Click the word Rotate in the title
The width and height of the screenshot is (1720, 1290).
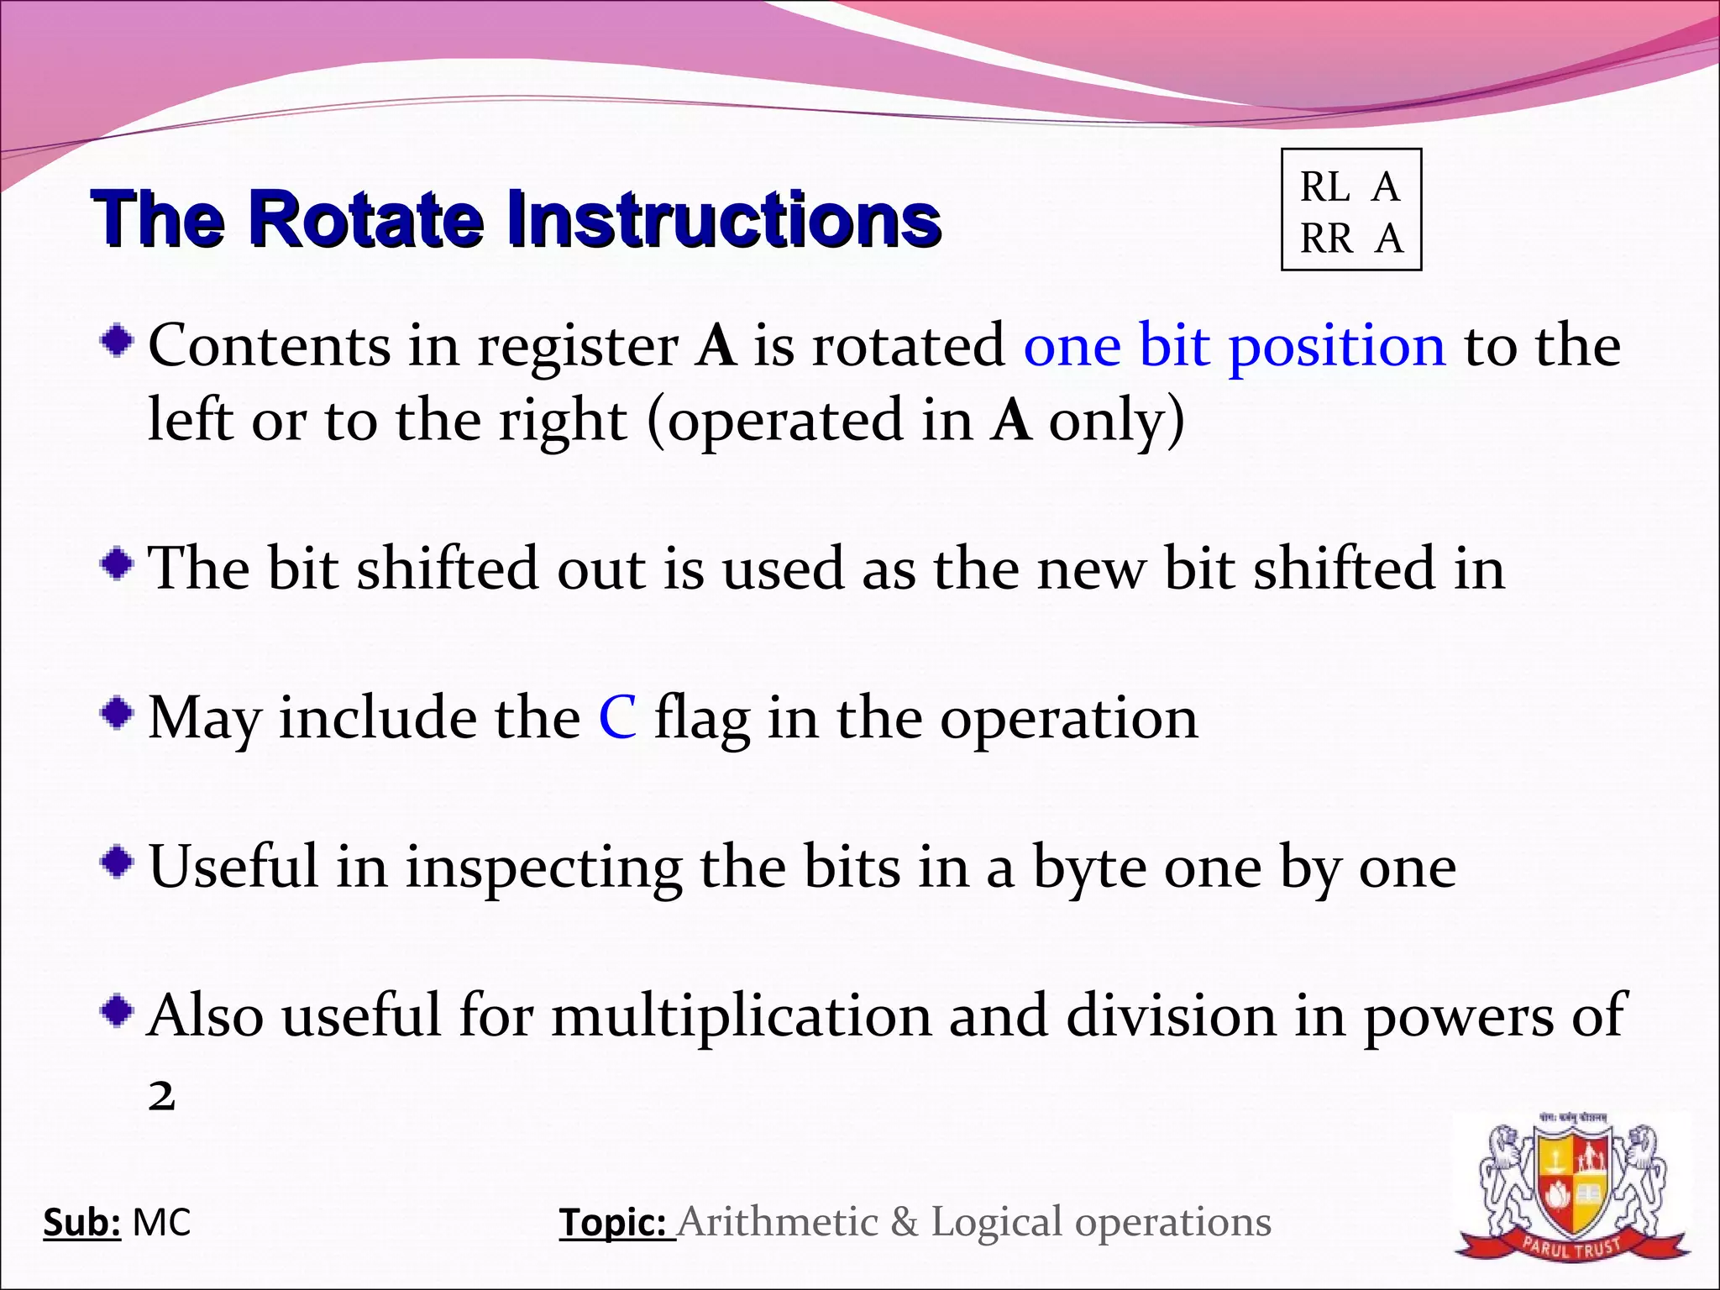point(366,220)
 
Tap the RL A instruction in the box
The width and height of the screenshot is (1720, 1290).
point(1350,186)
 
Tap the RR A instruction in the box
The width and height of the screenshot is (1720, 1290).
point(1351,239)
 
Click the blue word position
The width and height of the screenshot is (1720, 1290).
point(1337,347)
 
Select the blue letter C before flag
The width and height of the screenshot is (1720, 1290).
point(617,719)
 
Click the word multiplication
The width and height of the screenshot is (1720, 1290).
point(741,1016)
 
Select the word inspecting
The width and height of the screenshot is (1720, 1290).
point(543,869)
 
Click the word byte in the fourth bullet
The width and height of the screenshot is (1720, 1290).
point(1088,869)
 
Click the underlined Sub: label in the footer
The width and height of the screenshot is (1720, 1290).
point(81,1223)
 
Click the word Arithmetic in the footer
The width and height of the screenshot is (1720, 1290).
point(778,1223)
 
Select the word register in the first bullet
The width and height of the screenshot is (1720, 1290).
point(578,347)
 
